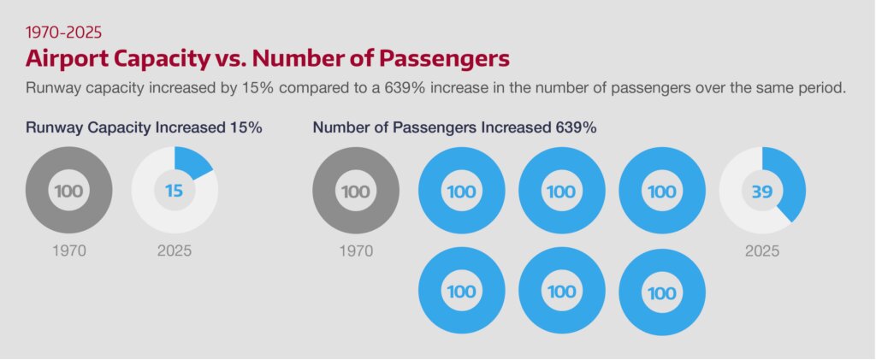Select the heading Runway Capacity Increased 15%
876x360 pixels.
tap(144, 127)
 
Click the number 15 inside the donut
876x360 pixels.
tap(174, 191)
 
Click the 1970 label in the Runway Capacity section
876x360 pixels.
tap(69, 251)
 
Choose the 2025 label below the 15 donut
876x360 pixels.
tap(175, 251)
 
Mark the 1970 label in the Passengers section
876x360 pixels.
tap(356, 251)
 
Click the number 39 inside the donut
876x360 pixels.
tap(761, 191)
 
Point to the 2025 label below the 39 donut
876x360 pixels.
tap(761, 251)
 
